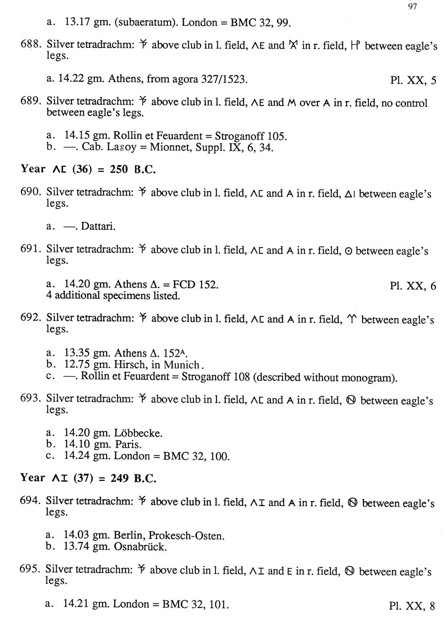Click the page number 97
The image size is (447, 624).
(x=412, y=6)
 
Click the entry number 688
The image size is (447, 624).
(x=31, y=44)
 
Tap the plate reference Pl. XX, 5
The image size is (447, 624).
(x=413, y=81)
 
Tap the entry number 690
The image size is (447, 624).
(x=31, y=192)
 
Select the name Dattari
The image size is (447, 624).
(x=98, y=226)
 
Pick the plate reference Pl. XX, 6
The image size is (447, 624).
(x=413, y=286)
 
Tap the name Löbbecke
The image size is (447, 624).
(x=138, y=433)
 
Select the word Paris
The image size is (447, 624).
(x=128, y=444)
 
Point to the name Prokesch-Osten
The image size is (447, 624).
(x=186, y=536)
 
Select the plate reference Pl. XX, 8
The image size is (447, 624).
(x=412, y=606)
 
